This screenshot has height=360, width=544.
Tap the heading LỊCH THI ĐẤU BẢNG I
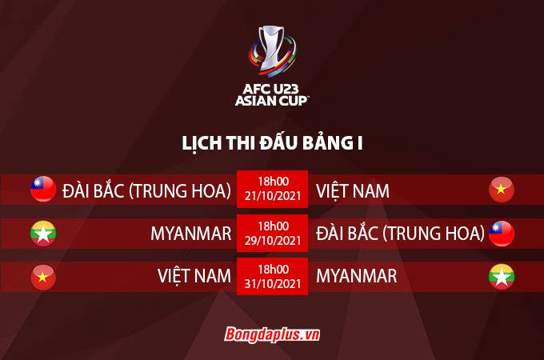[x=272, y=143]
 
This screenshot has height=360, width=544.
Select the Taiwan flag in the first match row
[x=43, y=190]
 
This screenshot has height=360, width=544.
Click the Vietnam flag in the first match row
[x=502, y=190]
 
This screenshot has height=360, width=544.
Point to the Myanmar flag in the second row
[x=43, y=234]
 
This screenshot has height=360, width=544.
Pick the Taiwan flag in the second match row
[x=502, y=234]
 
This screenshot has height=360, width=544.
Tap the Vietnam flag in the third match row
[x=43, y=277]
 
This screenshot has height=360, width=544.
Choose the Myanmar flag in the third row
[x=502, y=277]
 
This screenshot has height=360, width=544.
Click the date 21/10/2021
[x=273, y=197]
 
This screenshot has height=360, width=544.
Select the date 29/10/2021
[x=273, y=240]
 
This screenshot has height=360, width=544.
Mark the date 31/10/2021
[x=273, y=283]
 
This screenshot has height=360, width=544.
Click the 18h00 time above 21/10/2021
[x=273, y=182]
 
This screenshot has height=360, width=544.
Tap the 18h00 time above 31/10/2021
[x=273, y=269]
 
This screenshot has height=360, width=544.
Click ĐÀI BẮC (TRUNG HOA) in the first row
[x=147, y=190]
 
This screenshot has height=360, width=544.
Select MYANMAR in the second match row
[x=190, y=234]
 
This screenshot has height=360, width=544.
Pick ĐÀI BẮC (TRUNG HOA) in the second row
[x=401, y=234]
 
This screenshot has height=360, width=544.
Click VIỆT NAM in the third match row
[x=194, y=277]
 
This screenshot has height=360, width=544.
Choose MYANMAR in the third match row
[x=357, y=277]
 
